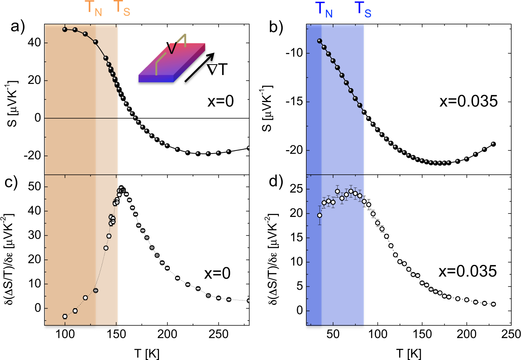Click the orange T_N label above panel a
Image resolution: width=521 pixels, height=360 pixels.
[x=93, y=9]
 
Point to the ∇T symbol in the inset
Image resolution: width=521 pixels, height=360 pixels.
[x=217, y=70]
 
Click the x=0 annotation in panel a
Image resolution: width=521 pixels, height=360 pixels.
[x=220, y=101]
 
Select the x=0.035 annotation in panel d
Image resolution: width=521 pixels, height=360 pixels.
[x=467, y=271]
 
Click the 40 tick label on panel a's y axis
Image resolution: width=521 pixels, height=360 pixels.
[x=34, y=43]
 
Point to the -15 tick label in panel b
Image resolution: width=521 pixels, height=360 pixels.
[x=294, y=102]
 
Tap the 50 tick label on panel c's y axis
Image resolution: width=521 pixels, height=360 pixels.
[x=34, y=187]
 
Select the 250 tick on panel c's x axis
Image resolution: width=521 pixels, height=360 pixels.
[x=219, y=334]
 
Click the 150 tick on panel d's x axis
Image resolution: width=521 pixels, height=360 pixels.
[x=422, y=334]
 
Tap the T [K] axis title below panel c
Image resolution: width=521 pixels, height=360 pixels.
[x=147, y=353]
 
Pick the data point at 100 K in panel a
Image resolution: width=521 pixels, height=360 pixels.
[x=65, y=29]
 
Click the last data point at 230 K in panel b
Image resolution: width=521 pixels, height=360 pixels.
[x=493, y=144]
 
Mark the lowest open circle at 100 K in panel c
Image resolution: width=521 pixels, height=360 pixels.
[x=65, y=316]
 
